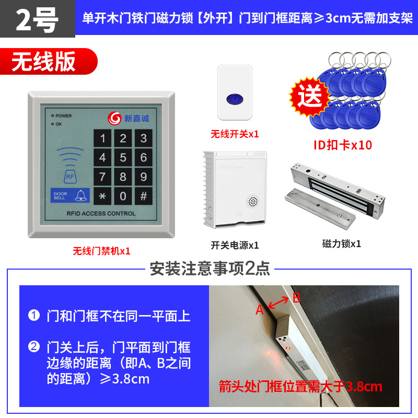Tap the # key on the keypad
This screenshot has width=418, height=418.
pyautogui.click(x=143, y=196)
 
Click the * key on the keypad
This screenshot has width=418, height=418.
pyautogui.click(x=103, y=196)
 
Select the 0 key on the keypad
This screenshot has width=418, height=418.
pyautogui.click(x=123, y=196)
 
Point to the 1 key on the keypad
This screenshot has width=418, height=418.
pyautogui.click(x=103, y=138)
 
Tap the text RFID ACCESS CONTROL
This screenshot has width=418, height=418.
pyautogui.click(x=101, y=213)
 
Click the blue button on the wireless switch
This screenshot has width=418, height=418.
pyautogui.click(x=235, y=98)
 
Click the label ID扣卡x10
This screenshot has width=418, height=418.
pyautogui.click(x=342, y=145)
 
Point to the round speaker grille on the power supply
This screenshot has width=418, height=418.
pyautogui.click(x=252, y=201)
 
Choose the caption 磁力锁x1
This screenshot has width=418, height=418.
pyautogui.click(x=342, y=243)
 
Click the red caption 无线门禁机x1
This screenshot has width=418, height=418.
pyautogui.click(x=101, y=251)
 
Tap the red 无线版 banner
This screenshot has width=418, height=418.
pyautogui.click(x=44, y=62)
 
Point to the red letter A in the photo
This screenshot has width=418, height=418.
pyautogui.click(x=260, y=310)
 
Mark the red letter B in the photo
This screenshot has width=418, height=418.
pyautogui.click(x=296, y=298)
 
